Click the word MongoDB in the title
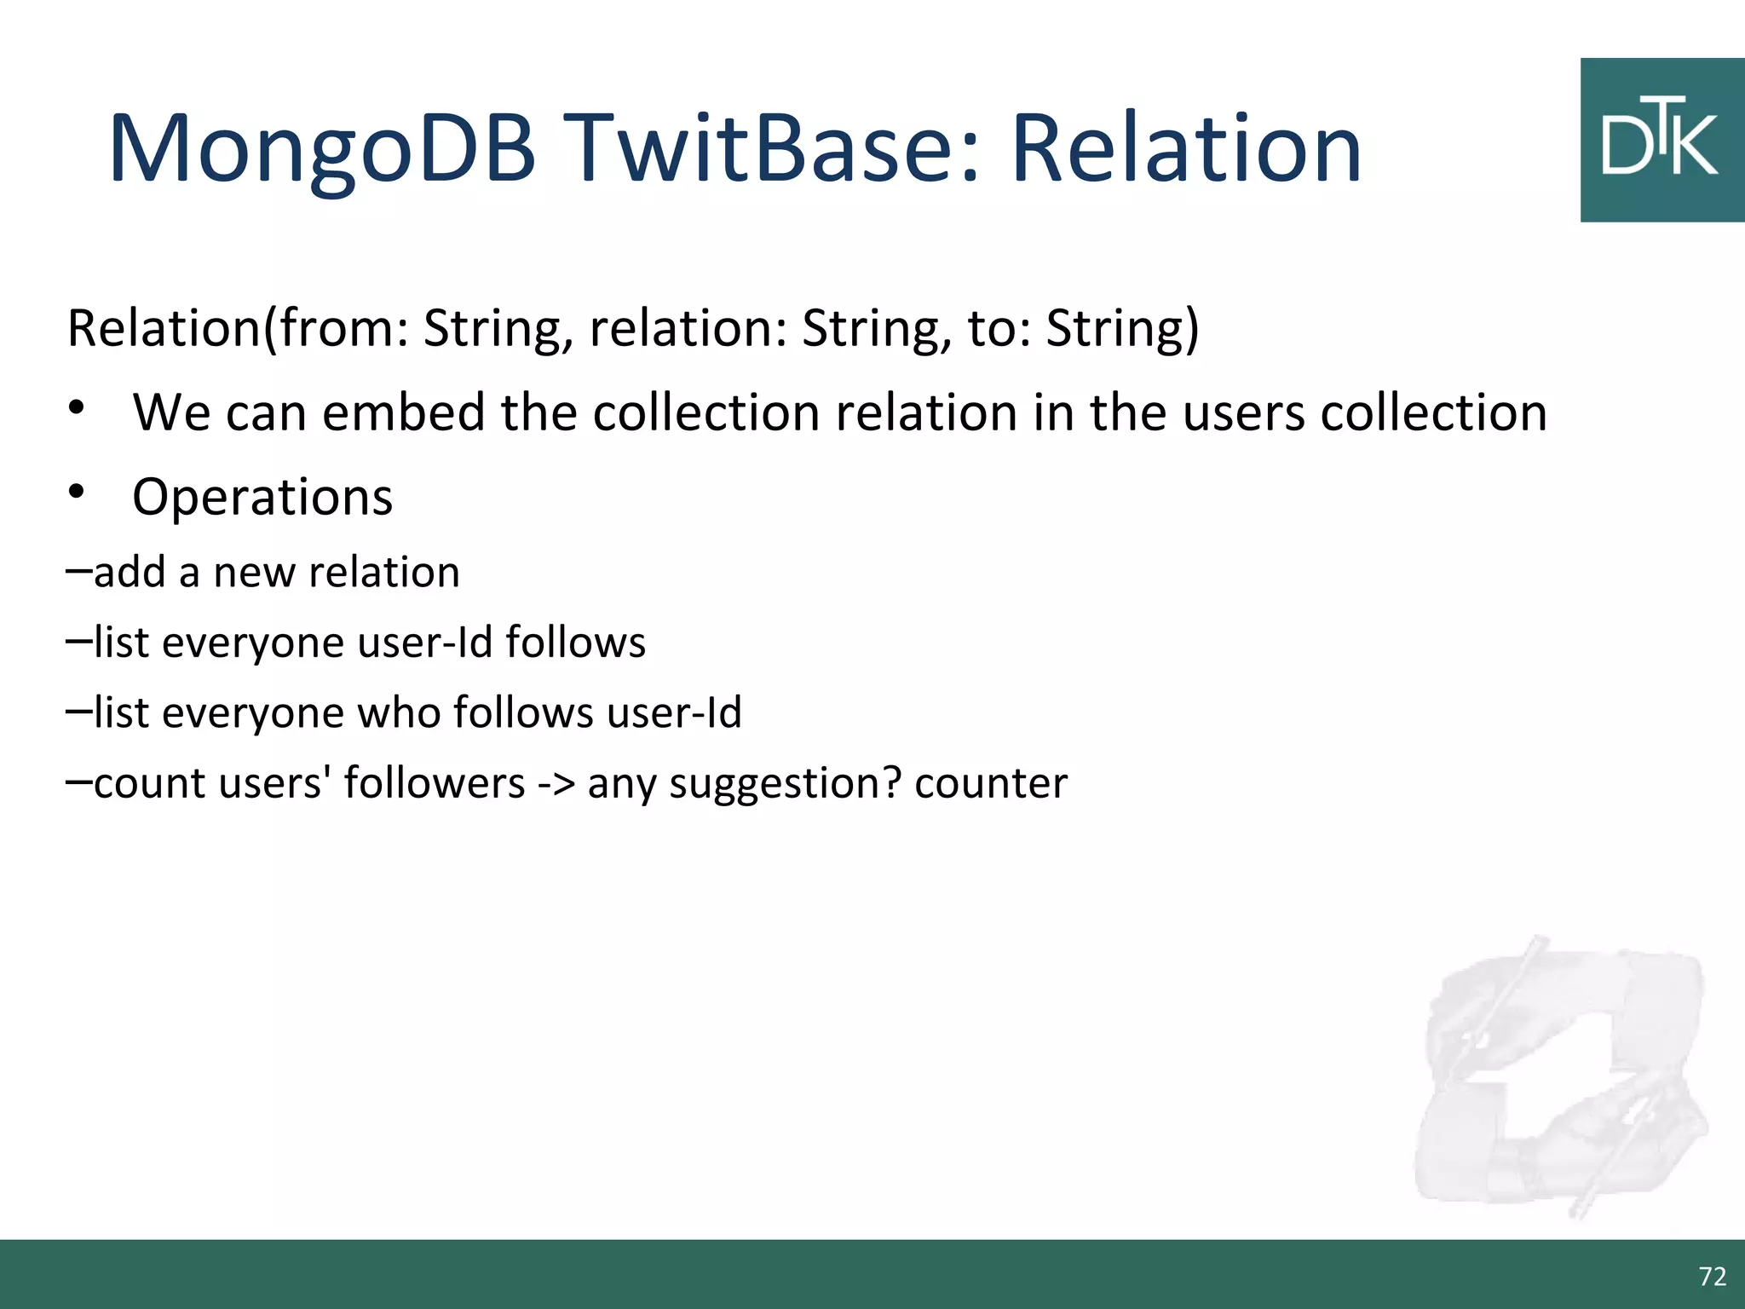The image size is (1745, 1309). coord(322,150)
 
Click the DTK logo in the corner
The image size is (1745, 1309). coord(1661,141)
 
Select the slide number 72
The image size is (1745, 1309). coord(1712,1276)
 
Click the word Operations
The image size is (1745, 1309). coord(262,497)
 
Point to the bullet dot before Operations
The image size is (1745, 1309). coord(78,492)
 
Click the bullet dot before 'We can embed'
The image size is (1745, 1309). coord(78,407)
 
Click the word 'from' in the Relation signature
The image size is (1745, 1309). coord(333,328)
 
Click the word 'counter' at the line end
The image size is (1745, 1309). coord(990,783)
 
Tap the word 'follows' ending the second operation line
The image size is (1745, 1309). coord(575,643)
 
